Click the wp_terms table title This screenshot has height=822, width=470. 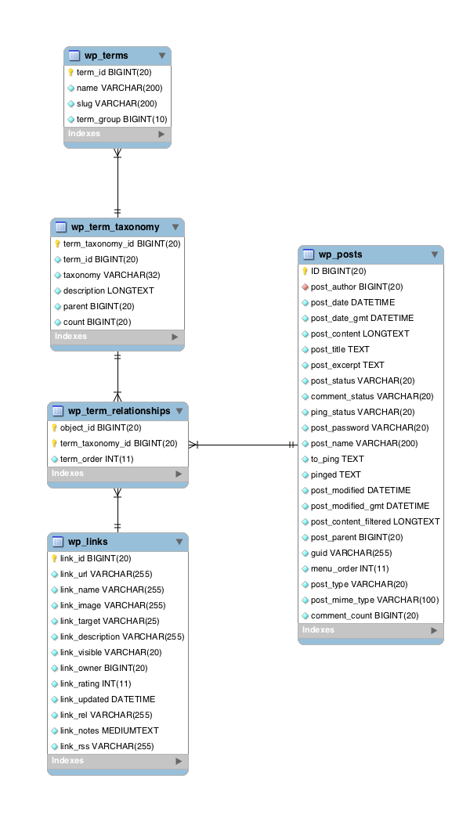tap(106, 56)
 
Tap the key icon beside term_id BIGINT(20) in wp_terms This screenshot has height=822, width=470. tap(70, 72)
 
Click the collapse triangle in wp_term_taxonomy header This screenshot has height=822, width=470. tap(175, 227)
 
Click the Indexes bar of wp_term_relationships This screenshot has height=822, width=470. tap(117, 474)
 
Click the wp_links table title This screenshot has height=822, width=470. tap(88, 542)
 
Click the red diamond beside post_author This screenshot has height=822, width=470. tap(305, 287)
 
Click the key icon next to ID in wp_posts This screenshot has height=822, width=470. tap(305, 272)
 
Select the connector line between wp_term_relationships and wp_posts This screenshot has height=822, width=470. tap(243, 445)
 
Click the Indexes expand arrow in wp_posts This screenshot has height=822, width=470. tap(434, 630)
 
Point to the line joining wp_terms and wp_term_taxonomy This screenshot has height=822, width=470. tap(117, 184)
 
